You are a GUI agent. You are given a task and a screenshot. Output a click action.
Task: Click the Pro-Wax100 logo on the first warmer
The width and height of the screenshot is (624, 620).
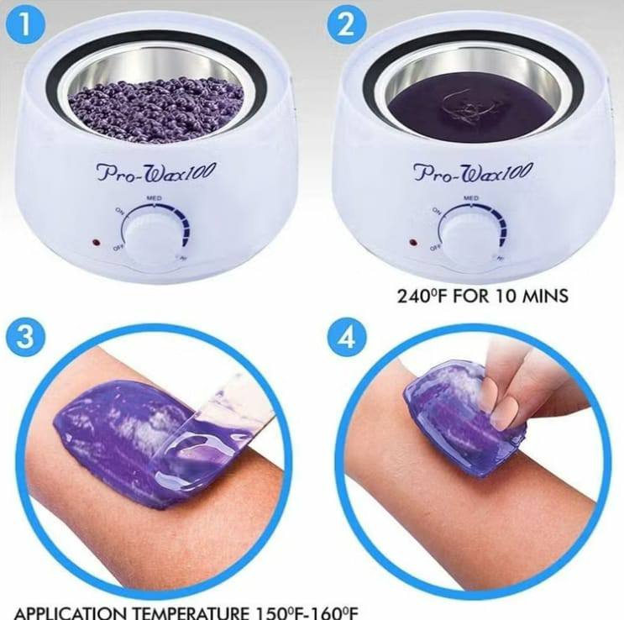pyautogui.click(x=156, y=172)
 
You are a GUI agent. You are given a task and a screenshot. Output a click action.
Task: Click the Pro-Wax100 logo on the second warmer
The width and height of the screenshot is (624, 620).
pyautogui.click(x=473, y=172)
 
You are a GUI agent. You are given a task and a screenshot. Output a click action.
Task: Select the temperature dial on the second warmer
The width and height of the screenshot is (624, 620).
pyautogui.click(x=467, y=232)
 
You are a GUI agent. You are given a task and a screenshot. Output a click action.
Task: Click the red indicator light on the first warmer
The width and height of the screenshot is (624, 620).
pyautogui.click(x=96, y=244)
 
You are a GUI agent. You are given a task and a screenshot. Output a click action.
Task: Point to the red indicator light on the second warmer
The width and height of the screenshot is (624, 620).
pyautogui.click(x=412, y=243)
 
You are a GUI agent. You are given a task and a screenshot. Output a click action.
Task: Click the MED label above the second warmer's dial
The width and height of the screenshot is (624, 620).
pyautogui.click(x=471, y=197)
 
